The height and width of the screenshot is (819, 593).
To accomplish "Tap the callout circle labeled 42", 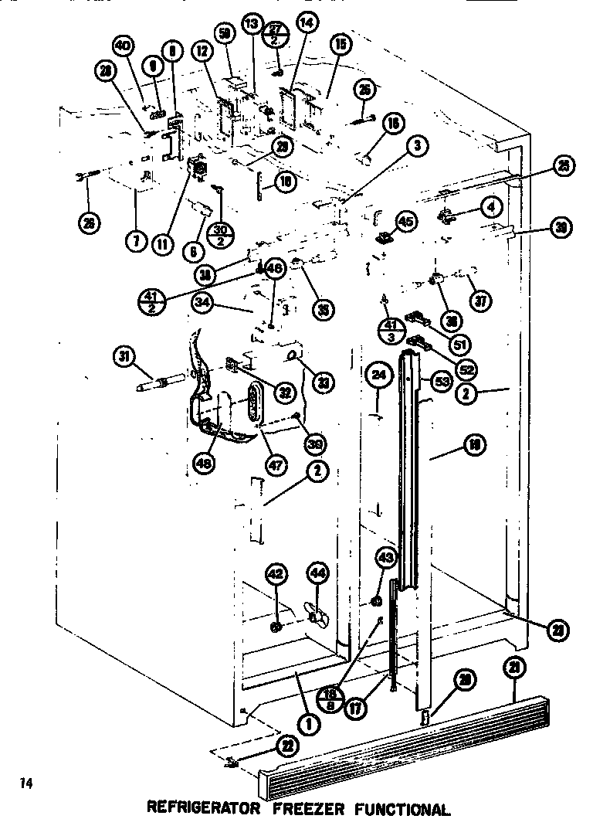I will (276, 574).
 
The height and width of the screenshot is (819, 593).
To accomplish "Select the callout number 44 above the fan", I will (317, 573).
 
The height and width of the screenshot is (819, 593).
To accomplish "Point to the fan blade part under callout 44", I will (316, 616).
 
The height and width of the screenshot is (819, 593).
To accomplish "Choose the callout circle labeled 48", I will (205, 464).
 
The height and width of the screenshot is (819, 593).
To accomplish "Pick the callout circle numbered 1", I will (308, 724).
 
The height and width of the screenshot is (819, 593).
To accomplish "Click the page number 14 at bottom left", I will (26, 784).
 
